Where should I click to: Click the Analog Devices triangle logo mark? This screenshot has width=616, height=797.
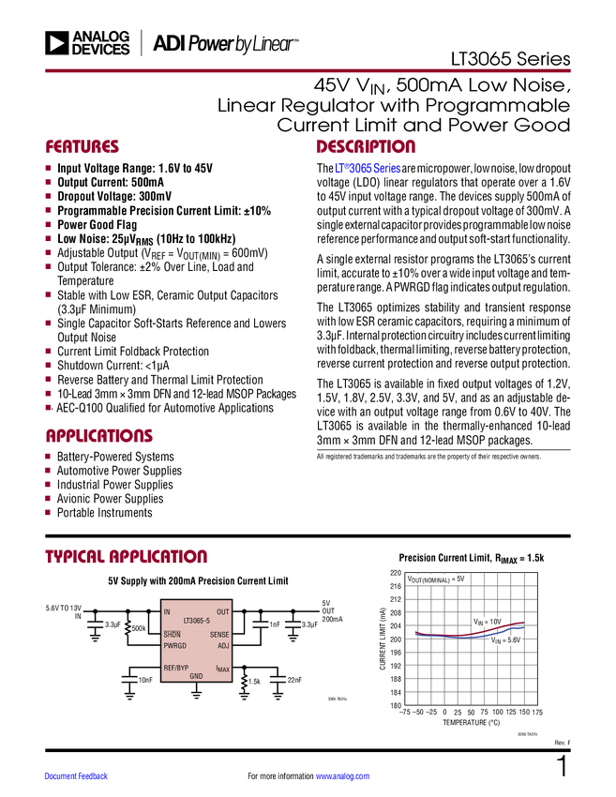[x=57, y=42]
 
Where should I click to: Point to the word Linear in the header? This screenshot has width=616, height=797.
[x=273, y=43]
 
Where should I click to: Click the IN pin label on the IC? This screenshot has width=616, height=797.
[x=167, y=612]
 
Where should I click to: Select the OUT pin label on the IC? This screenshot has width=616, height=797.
[x=222, y=612]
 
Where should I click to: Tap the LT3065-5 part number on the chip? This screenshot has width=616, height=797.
[x=196, y=621]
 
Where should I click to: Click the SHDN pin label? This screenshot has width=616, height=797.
[x=172, y=635]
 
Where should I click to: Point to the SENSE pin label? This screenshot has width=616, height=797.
[x=218, y=635]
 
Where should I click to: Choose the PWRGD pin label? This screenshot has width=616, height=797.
[x=174, y=645]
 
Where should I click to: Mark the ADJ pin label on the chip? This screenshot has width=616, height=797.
[x=222, y=645]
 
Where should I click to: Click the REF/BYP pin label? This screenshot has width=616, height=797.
[x=175, y=668]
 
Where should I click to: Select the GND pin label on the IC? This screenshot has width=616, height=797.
[x=196, y=676]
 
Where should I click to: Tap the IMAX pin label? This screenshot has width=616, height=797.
[x=222, y=669]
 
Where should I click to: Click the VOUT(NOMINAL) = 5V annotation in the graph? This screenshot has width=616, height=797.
[x=436, y=579]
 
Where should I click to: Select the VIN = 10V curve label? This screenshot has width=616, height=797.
[x=487, y=622]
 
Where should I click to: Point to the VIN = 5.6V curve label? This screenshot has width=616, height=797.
[x=504, y=639]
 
